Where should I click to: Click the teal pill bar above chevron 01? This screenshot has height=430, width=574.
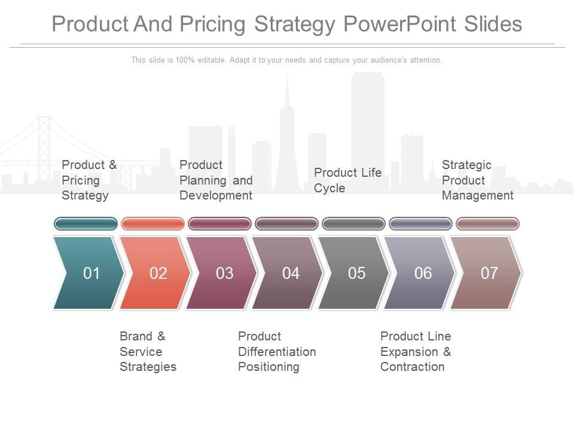coord(86,224)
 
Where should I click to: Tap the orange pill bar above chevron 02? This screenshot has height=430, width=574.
coord(153,224)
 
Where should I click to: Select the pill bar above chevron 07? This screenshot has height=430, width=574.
coord(487,224)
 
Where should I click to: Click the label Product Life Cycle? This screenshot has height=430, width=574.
coord(347,180)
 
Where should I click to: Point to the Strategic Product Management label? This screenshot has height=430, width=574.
coord(477,180)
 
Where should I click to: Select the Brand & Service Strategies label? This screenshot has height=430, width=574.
coord(148,352)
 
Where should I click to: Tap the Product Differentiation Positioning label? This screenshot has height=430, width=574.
coord(277,352)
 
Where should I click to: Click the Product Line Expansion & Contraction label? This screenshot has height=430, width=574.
coord(416,352)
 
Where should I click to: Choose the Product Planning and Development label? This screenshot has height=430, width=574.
coord(216,180)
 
